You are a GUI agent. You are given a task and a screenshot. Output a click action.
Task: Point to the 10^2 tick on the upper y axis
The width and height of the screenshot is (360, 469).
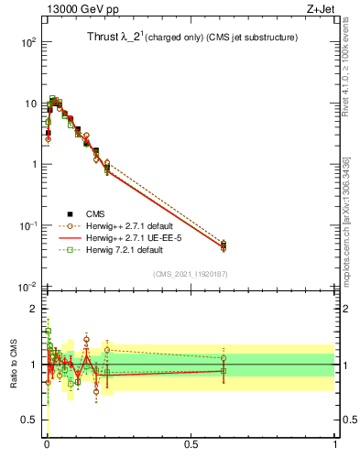[x=28, y=43]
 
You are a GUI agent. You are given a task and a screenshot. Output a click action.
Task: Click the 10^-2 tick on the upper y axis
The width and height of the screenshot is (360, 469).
[x=28, y=288]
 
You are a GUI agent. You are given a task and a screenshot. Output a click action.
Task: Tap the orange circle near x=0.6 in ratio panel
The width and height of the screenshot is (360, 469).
[x=224, y=357]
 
